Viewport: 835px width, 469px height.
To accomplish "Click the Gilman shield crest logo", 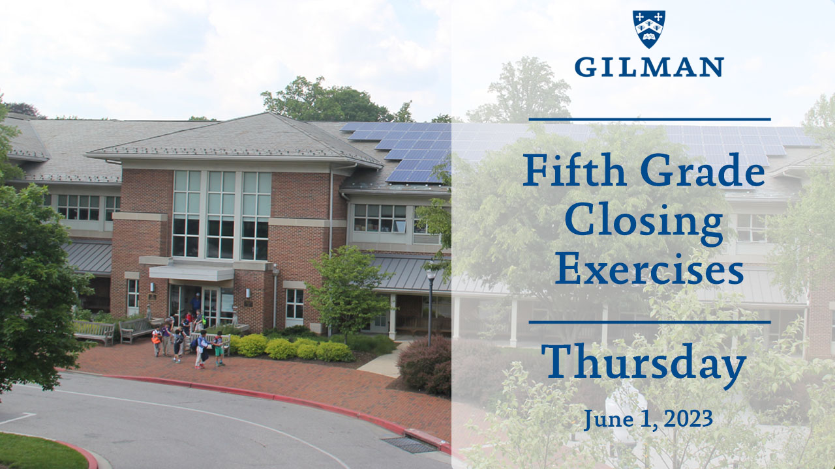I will [x=648, y=29].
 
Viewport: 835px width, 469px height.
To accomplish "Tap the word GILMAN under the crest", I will [x=648, y=66].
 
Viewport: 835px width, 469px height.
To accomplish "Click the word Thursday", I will [x=643, y=363].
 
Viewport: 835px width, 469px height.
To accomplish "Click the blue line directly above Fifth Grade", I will [x=649, y=119].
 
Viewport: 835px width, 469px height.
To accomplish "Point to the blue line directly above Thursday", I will [x=649, y=322].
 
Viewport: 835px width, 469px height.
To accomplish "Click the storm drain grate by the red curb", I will [x=409, y=444].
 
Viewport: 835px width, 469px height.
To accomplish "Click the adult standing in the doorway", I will [x=196, y=303].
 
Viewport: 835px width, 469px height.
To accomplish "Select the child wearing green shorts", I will [x=219, y=348].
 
